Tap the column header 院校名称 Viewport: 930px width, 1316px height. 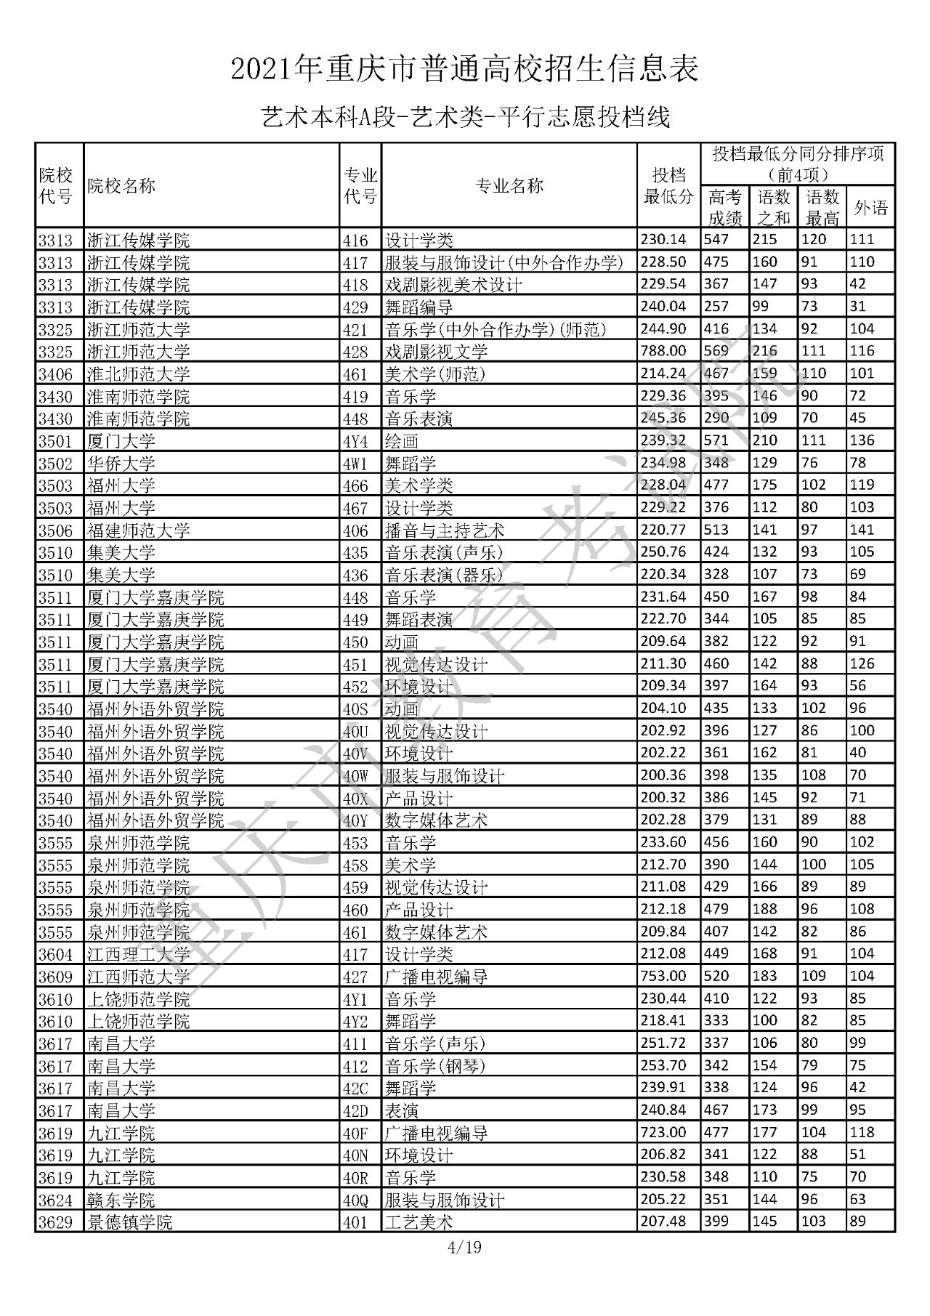tap(121, 186)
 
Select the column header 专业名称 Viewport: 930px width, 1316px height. tap(509, 186)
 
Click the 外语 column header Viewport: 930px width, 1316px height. tap(870, 208)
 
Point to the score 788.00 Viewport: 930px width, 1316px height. tap(663, 351)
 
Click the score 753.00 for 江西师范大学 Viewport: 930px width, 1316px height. tap(663, 976)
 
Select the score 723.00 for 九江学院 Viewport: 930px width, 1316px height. tap(663, 1132)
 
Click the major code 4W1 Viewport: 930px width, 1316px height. tap(356, 463)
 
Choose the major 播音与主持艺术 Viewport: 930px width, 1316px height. tap(445, 530)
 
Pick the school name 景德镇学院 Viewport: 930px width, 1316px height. tap(130, 1222)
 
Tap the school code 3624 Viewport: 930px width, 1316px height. tap(56, 1200)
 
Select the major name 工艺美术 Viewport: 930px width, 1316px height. tap(419, 1222)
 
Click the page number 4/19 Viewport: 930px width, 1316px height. tap(465, 1248)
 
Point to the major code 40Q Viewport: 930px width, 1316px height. tap(356, 1200)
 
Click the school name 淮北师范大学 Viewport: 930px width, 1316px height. tap(139, 374)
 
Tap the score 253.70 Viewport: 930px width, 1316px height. tap(663, 1065)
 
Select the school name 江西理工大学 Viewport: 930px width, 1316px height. tap(139, 954)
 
